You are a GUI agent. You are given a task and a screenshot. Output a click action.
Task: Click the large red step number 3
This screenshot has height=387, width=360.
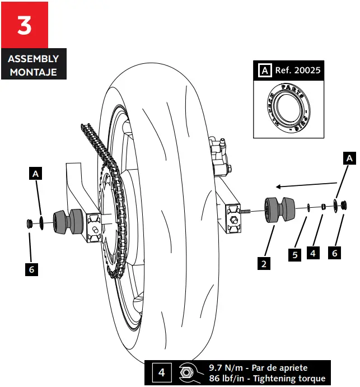click(25, 25)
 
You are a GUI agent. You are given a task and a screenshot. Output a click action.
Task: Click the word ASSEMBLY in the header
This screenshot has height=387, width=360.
click(33, 59)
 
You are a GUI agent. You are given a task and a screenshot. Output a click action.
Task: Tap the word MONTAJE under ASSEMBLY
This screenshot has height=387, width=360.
click(33, 71)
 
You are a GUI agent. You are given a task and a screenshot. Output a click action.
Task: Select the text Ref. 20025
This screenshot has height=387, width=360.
click(298, 71)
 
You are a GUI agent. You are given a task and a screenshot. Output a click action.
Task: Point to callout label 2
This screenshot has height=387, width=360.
click(264, 262)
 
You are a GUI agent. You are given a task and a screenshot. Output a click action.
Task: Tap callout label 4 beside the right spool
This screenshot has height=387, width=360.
click(313, 254)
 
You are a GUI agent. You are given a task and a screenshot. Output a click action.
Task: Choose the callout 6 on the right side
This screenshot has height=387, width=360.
click(335, 254)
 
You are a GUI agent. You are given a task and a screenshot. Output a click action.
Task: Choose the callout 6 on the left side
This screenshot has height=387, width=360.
click(32, 270)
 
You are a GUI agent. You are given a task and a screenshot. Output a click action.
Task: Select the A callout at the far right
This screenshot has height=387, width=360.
click(349, 158)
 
